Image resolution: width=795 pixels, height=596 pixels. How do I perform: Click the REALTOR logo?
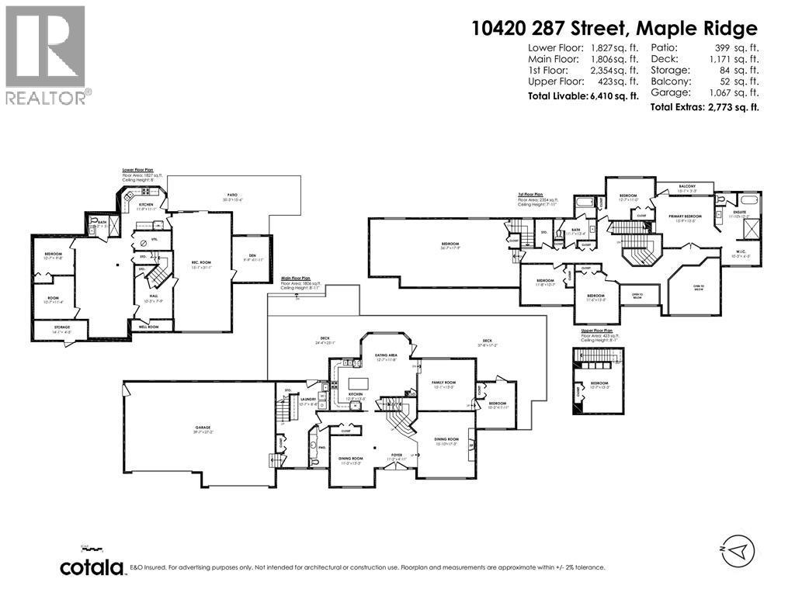coord(46,54)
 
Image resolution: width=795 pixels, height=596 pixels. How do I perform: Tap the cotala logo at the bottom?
coord(93,567)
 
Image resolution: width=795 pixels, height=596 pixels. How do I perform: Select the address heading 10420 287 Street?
coord(614,29)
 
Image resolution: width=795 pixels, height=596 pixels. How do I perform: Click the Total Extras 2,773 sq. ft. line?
coord(705,106)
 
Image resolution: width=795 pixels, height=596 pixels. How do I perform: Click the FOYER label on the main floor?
coord(397,456)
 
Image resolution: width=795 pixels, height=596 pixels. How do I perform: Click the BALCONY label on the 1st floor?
coord(686,186)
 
